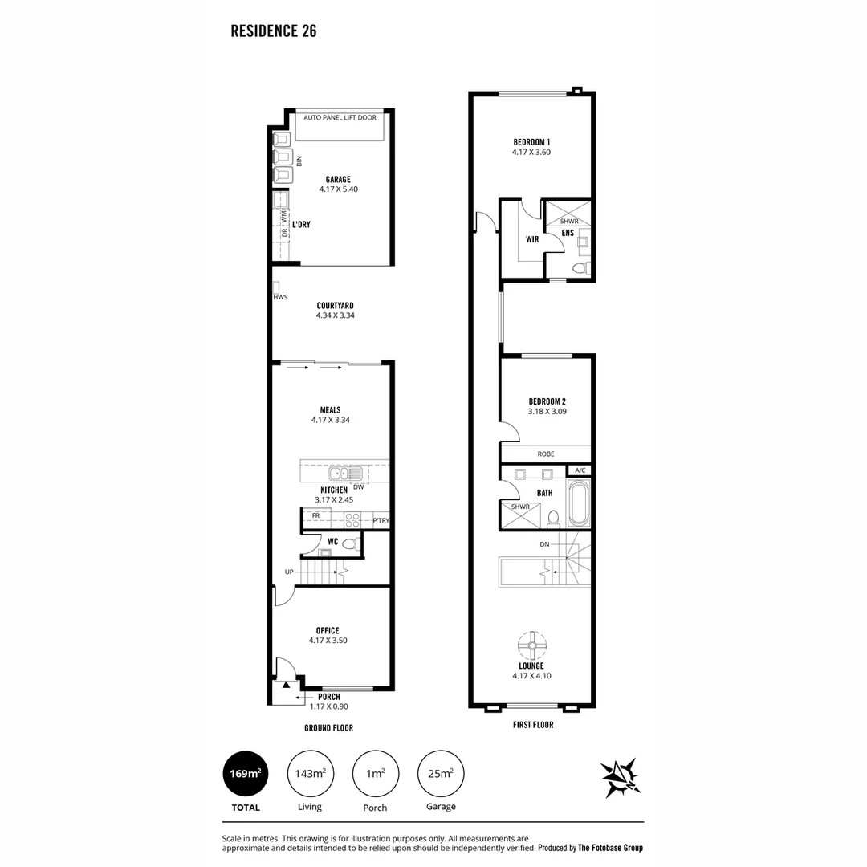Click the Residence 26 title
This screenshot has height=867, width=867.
coord(273,31)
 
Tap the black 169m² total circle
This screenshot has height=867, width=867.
coord(246,774)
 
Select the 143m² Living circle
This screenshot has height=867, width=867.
coord(310,774)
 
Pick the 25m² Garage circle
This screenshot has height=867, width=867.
coord(441,774)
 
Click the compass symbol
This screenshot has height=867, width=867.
coord(621,777)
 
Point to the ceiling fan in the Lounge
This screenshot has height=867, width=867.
coord(532,645)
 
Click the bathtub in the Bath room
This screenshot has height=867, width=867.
coord(579,503)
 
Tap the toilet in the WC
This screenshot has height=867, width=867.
coord(349,543)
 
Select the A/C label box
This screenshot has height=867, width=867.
coord(580,470)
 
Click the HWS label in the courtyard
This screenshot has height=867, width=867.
coord(280,297)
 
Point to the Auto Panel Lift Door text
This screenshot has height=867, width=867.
coord(340,118)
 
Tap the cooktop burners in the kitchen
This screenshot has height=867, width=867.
coord(352,519)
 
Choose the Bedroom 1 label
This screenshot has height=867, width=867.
coord(531,142)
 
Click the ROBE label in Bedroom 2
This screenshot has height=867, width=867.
coord(546,454)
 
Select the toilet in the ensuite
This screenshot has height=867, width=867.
coord(580,269)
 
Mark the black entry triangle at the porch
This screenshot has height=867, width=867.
coord(286,685)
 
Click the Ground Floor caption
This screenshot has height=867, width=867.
coord(328,727)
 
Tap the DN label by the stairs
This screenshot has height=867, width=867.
coord(544,544)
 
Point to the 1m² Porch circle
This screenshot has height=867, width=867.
coord(376,774)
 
